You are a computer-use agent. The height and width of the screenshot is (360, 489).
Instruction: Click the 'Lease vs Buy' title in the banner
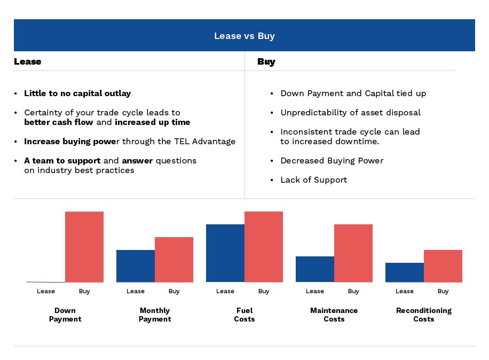pos(244,36)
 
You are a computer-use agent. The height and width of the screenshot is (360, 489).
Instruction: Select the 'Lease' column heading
pos(27,61)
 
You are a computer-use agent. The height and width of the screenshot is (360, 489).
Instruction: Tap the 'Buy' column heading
pos(266,61)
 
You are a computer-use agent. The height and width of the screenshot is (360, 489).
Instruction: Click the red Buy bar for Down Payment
pos(84,247)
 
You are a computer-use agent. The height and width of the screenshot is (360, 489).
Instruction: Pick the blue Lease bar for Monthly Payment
pos(136,266)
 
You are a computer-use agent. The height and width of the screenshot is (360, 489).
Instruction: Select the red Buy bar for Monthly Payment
pos(174,260)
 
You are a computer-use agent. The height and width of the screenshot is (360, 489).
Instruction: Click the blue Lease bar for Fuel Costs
pos(225,253)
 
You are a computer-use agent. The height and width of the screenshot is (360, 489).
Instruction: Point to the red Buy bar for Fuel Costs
pos(264,247)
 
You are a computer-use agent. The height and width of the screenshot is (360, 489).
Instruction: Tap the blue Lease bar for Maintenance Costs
pos(315,269)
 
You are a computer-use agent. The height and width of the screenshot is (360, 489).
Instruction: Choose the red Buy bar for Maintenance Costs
pos(353,253)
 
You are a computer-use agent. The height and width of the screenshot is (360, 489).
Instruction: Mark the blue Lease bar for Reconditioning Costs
pos(405,272)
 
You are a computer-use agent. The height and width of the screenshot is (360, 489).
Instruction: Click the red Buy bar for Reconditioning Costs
pos(443,266)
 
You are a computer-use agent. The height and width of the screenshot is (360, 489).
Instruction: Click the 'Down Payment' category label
pos(65,315)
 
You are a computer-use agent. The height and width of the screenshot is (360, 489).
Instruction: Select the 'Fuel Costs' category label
pos(244,315)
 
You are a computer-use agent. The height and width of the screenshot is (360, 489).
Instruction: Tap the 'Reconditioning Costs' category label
pos(424,315)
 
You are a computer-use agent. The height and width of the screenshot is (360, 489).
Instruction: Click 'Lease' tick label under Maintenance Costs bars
pos(315,291)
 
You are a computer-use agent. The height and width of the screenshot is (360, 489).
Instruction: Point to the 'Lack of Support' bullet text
pos(314,180)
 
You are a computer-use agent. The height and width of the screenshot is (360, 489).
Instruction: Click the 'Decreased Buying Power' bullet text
pos(332,161)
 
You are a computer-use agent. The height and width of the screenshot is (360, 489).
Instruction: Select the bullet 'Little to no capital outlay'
pos(77,93)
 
